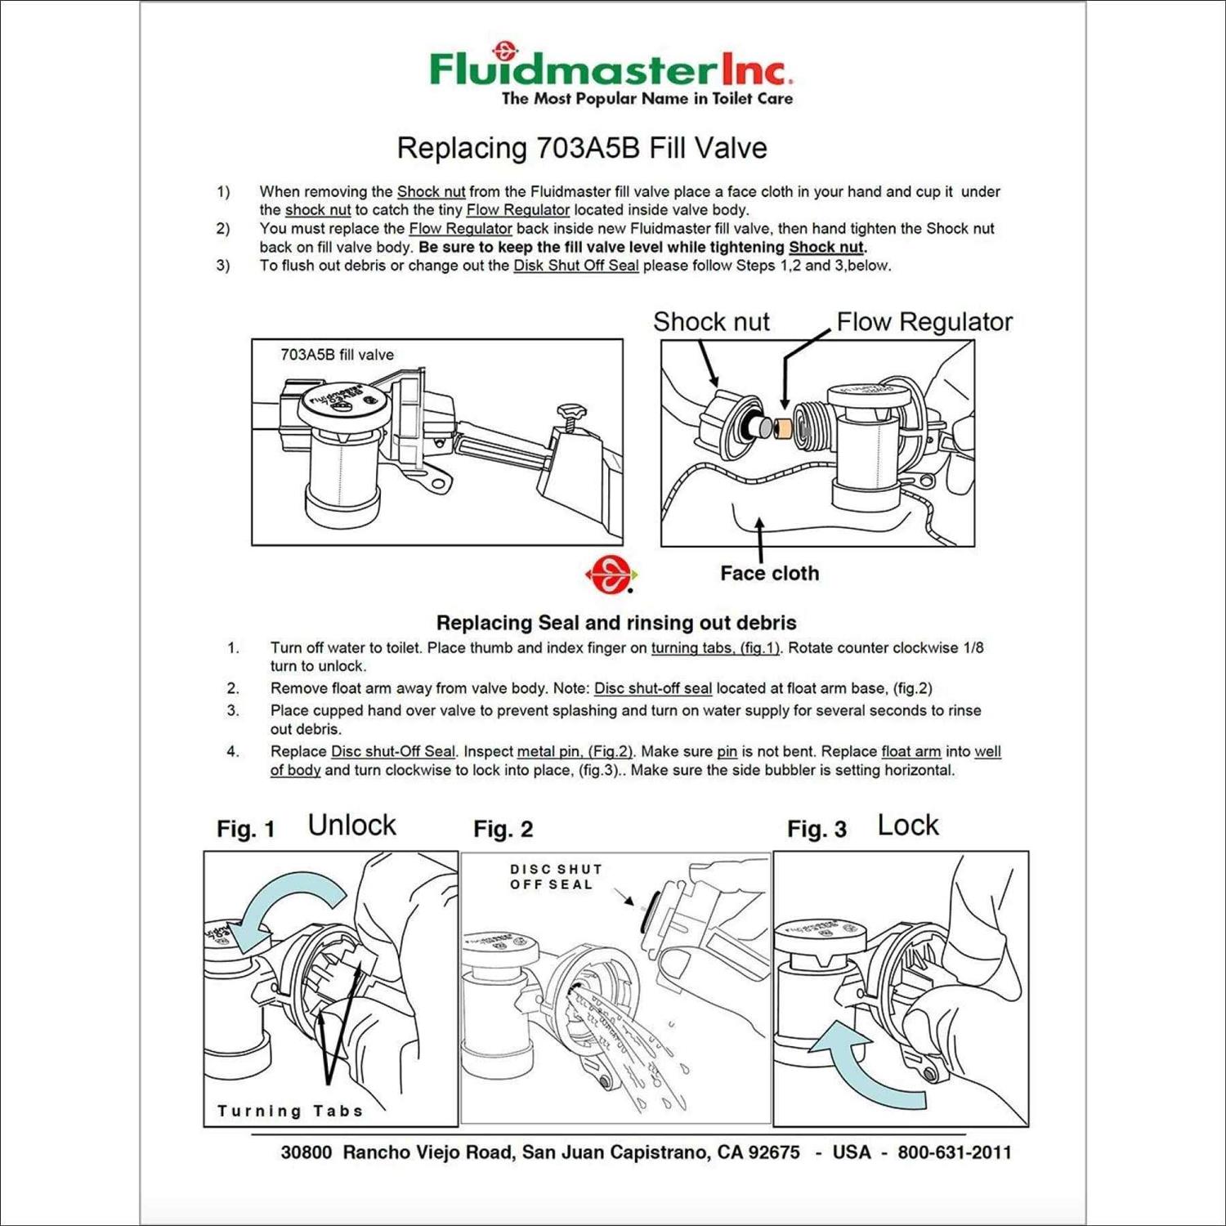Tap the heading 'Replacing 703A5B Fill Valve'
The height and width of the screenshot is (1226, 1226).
point(581,148)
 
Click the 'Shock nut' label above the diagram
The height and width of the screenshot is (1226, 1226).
point(710,321)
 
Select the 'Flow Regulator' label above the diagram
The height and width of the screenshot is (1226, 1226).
point(924,321)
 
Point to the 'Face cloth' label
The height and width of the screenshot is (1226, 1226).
point(769,573)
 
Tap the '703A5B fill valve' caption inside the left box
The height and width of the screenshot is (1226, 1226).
point(337,355)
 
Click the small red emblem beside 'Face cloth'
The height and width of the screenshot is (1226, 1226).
point(610,575)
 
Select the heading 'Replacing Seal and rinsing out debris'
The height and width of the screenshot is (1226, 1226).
point(615,623)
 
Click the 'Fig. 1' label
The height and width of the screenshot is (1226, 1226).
point(245,829)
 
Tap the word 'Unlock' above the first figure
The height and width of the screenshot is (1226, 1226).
point(351,825)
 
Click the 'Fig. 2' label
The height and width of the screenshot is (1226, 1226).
point(503,829)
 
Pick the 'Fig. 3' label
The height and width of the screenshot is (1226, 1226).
point(816,829)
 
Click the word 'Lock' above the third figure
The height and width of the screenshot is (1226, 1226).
point(907,825)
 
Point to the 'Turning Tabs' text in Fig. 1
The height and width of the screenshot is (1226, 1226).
point(289,1111)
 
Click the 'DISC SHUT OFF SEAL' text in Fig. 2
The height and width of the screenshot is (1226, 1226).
point(556,876)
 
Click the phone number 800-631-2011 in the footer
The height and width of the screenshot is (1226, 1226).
point(954,1152)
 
